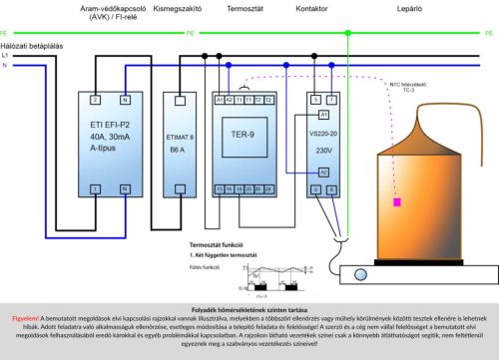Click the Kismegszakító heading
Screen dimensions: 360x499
tap(184, 10)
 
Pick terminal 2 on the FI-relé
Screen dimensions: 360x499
tap(94, 100)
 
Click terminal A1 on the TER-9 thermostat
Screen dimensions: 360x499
tap(219, 100)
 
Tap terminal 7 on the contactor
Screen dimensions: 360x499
tap(333, 100)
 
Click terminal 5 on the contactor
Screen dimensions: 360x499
tap(315, 100)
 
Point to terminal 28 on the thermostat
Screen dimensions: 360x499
tap(268, 186)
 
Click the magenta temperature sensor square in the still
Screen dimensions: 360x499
tap(398, 202)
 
